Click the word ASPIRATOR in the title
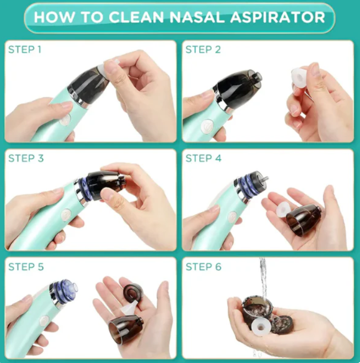coord(277,17)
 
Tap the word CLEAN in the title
coord(136,17)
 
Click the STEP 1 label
coord(25,50)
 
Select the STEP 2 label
coord(203,50)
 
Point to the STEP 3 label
coord(26,158)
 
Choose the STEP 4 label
coord(204,158)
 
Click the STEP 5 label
coord(26,267)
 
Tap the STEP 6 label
coord(204,267)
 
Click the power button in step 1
coord(65,120)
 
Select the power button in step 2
coord(207,126)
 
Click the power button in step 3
coord(66,214)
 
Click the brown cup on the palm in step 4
coord(304,218)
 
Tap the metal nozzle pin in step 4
coord(265,179)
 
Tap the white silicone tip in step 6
coord(261,327)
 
